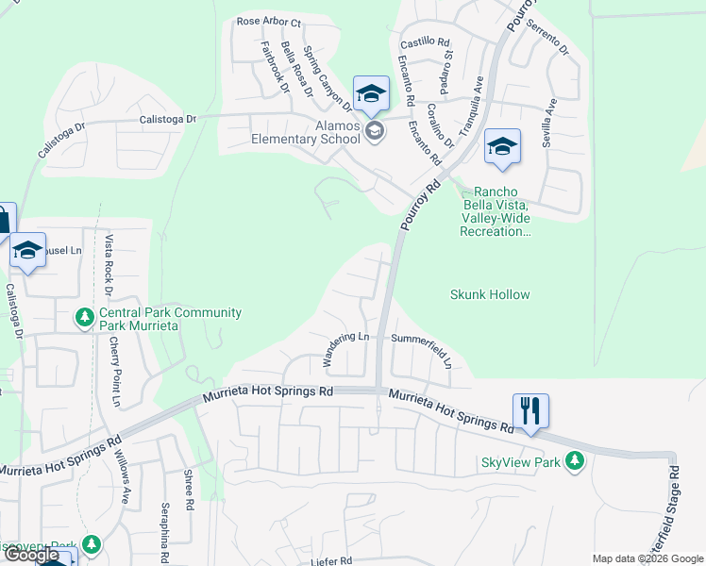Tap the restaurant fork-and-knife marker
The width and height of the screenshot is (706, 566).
click(530, 411)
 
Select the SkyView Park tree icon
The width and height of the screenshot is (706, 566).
click(573, 461)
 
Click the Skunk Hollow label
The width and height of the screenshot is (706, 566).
click(490, 294)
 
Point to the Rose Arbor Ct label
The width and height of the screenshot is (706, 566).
click(268, 22)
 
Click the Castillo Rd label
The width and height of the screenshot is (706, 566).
click(426, 42)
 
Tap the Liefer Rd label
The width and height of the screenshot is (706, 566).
click(331, 560)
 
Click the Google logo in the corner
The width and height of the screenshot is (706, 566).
click(32, 555)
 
